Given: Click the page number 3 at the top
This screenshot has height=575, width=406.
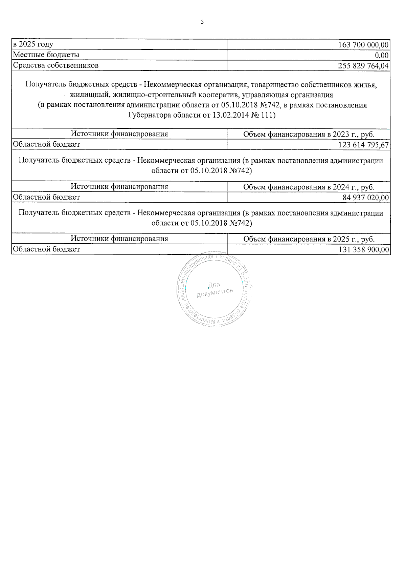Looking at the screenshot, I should click(x=202, y=22).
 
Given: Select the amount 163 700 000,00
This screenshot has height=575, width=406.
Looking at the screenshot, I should click(x=363, y=45).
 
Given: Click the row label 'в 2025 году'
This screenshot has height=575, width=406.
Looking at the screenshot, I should click(x=33, y=44).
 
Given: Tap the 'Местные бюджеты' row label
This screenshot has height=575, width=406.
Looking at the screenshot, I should click(x=46, y=55).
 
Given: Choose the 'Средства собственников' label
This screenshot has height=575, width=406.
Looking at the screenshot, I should click(x=55, y=65).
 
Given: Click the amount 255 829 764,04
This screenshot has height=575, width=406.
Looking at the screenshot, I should click(x=363, y=66).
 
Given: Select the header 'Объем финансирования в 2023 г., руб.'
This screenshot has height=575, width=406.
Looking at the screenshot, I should click(x=309, y=134).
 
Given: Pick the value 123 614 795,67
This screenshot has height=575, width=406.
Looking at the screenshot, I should click(x=363, y=145).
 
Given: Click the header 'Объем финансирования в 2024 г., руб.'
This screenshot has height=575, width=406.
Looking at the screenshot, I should click(x=309, y=187).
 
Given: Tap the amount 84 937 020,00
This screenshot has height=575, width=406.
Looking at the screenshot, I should click(x=365, y=198).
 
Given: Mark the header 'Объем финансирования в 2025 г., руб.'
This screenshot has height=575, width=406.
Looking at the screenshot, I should click(x=309, y=239).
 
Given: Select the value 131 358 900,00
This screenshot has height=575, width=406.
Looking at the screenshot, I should click(x=363, y=250).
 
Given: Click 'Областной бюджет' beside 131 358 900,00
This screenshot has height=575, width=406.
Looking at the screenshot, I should click(x=46, y=249).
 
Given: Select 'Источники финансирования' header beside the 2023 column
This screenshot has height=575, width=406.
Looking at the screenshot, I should click(x=119, y=134).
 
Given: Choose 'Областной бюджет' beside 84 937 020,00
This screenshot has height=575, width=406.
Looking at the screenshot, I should click(x=46, y=197).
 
